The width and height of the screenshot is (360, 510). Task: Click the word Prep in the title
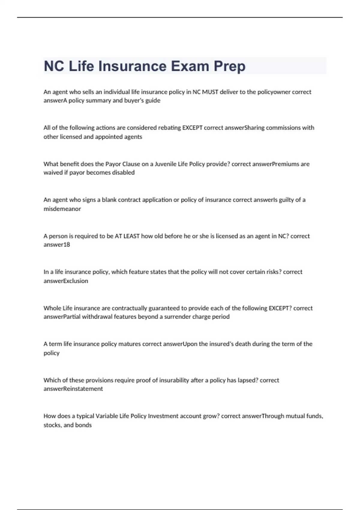pos(229,66)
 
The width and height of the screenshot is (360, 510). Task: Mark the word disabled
pos(123,172)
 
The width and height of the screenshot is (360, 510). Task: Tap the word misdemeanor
pos(62,209)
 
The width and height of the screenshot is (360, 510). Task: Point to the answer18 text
pos(57,244)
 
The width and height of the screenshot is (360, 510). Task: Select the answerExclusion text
pos(66,281)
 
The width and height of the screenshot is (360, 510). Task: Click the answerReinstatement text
pos(73,389)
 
